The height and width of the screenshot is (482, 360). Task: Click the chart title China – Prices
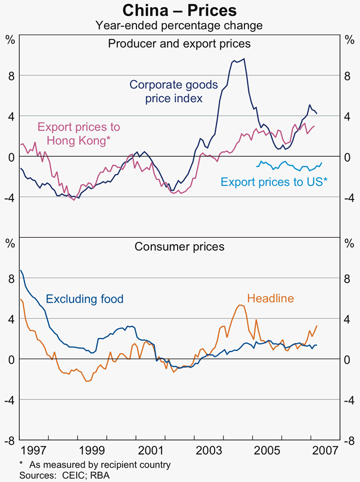point(179,10)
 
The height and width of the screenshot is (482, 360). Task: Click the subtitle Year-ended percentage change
point(179,25)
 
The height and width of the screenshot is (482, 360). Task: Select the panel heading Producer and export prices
point(179,43)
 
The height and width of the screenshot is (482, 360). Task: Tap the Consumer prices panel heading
point(179,246)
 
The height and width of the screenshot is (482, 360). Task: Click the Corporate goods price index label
point(173,91)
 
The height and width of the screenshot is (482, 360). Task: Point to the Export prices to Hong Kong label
point(79,133)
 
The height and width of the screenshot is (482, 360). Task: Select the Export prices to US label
point(274,182)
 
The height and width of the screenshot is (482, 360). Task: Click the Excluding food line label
point(85,299)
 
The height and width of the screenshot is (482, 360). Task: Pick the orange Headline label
point(270,299)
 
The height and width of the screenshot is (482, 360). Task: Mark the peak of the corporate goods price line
point(244,58)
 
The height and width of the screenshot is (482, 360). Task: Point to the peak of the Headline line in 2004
point(240,305)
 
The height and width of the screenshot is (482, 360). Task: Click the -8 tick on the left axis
point(11,440)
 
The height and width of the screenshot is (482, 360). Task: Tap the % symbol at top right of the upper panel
point(349,40)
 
